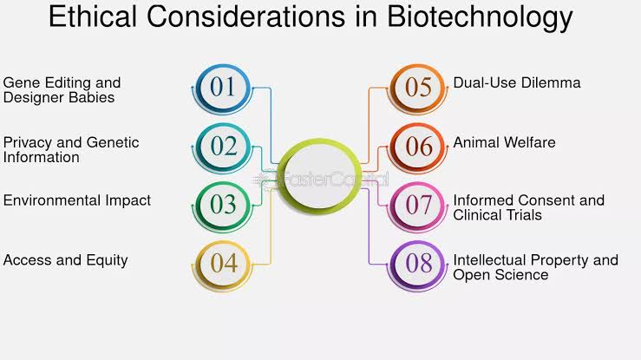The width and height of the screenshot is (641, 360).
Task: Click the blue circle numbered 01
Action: click(223, 87)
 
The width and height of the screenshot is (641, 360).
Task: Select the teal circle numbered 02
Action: click(223, 146)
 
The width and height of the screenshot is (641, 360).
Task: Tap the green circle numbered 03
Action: click(223, 205)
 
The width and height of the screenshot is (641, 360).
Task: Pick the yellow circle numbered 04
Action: click(224, 263)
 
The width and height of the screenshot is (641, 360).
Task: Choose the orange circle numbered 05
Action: click(418, 87)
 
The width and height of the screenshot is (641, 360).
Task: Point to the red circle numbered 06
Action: click(418, 146)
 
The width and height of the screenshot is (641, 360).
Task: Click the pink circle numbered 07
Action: click(418, 205)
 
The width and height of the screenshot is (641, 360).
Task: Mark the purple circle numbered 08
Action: click(418, 263)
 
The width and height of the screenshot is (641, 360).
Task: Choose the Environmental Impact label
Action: click(77, 200)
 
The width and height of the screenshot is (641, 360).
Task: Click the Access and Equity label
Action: click(66, 259)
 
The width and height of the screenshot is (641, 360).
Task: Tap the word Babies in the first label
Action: click(92, 97)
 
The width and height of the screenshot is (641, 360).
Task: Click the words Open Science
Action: click(500, 275)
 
